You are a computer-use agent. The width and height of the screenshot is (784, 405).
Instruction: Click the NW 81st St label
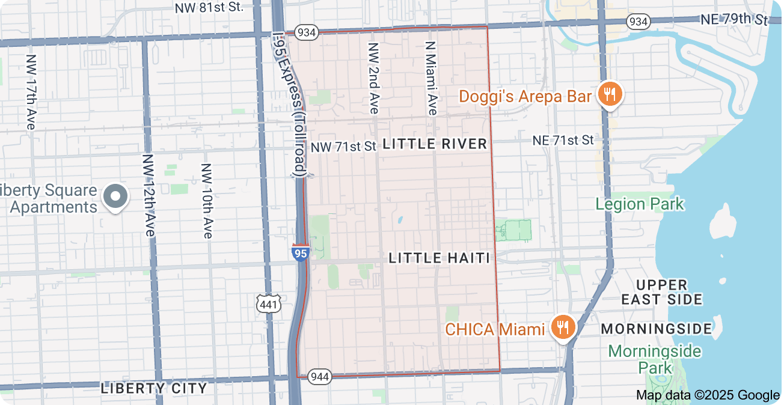coord(209,8)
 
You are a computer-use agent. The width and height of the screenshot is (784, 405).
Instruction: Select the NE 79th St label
coord(734,19)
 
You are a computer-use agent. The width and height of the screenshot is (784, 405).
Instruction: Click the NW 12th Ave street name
coord(148,194)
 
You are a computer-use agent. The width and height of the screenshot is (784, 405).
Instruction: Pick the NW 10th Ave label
coord(207,201)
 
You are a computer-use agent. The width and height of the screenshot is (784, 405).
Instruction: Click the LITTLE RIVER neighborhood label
coord(435,144)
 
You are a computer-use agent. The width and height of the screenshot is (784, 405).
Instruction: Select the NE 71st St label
coord(563,140)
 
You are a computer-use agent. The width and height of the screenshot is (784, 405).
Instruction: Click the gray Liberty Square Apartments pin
coord(114,196)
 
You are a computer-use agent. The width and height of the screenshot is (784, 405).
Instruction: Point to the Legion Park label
coord(639,204)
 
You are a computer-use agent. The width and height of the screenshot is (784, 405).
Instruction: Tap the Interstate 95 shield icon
coord(300,252)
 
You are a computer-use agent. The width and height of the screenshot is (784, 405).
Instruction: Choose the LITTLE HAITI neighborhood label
coord(439,258)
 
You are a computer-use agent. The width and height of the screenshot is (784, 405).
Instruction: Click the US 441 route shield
coord(268,305)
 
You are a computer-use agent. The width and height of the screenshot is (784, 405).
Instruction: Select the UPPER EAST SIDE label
coord(661,292)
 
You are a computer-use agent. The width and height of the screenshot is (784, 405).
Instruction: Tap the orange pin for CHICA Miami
coord(563,327)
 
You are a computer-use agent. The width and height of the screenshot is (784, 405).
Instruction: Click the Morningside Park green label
coord(654,359)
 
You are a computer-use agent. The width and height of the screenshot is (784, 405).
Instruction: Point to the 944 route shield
coord(319,377)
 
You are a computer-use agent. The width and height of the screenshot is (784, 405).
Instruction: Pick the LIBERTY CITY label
coord(154,388)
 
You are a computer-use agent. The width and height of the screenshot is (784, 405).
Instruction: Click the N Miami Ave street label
coord(430,78)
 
